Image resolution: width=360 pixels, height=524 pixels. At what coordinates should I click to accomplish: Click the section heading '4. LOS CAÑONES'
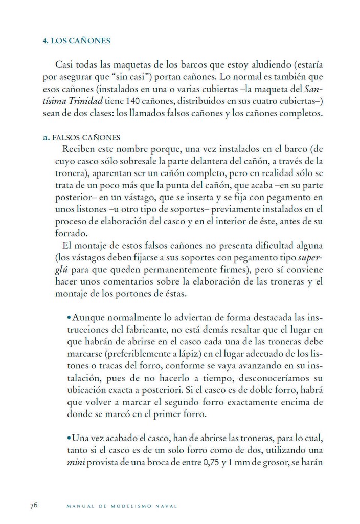(77, 40)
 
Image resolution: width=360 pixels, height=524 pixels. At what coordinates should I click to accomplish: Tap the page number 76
(34, 505)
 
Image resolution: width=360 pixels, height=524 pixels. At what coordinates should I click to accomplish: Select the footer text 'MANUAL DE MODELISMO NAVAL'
(122, 506)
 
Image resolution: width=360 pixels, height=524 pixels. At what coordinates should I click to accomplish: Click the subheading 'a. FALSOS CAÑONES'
(82, 138)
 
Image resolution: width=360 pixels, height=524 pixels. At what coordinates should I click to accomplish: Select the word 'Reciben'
(78, 150)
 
